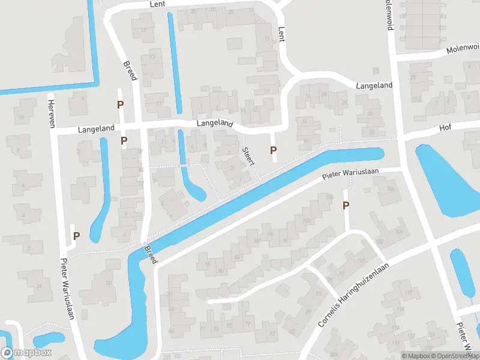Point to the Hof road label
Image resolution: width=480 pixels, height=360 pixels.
pyautogui.click(x=445, y=127)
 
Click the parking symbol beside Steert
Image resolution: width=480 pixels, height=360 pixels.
pyautogui.click(x=274, y=150)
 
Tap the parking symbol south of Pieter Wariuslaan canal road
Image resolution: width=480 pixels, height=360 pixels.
pyautogui.click(x=346, y=206)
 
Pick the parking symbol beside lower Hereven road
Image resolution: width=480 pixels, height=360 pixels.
pyautogui.click(x=76, y=236)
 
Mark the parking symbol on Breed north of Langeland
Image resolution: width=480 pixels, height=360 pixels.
pyautogui.click(x=120, y=104)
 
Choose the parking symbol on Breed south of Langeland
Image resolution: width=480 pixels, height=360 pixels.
pyautogui.click(x=124, y=141)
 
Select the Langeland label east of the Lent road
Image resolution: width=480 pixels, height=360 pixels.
pyautogui.click(x=374, y=86)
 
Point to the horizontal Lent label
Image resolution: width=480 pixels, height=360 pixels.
pyautogui.click(x=157, y=4)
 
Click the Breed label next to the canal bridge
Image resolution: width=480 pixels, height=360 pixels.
pyautogui.click(x=151, y=255)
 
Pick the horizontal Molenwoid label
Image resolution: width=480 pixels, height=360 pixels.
pyautogui.click(x=463, y=50)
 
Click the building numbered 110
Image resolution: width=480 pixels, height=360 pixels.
pyautogui.click(x=409, y=293)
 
